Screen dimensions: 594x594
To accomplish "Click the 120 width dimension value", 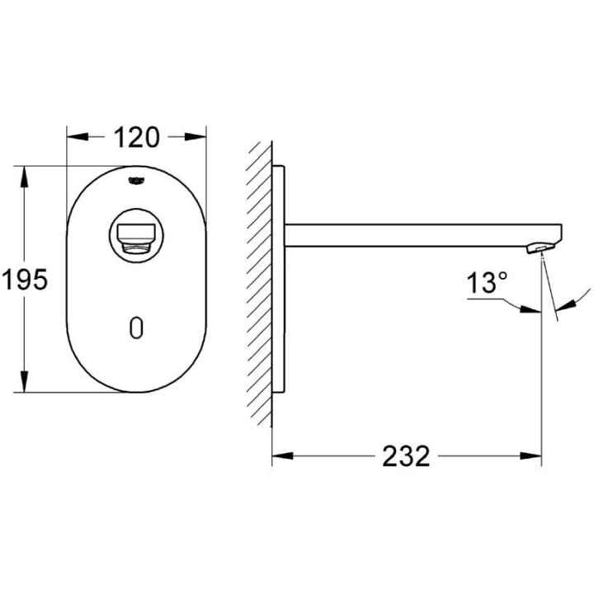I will tap(136, 137).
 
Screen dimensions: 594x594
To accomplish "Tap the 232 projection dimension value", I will tap(406, 455).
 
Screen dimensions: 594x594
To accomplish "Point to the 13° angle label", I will tap(487, 285).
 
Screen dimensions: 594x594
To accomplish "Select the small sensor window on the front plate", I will tap(136, 328).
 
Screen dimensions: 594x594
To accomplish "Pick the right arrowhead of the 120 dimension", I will tap(200, 137).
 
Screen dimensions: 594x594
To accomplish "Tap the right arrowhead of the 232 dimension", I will tap(535, 455).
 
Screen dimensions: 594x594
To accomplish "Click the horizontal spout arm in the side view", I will tap(412, 233).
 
